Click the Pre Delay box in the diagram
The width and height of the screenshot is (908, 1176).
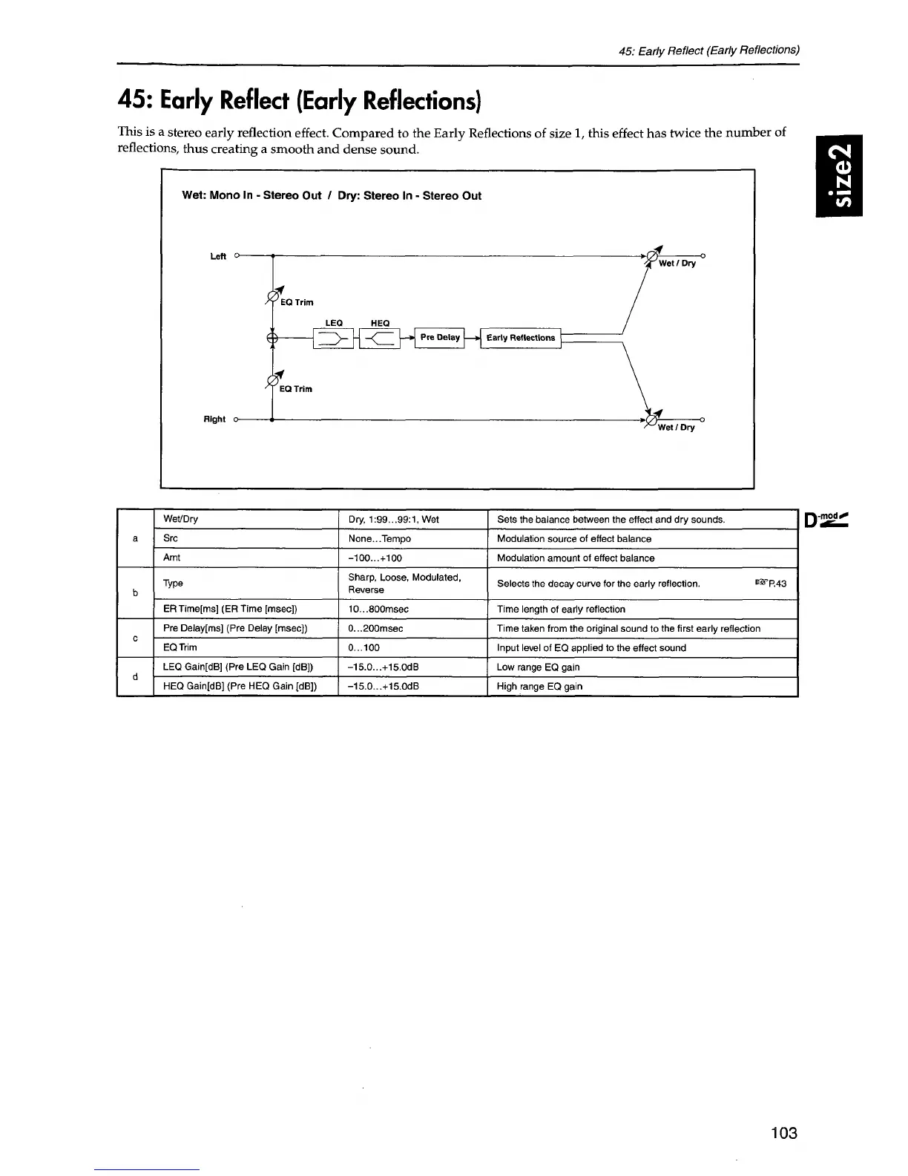tap(440, 338)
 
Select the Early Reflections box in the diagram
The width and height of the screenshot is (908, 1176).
tap(521, 338)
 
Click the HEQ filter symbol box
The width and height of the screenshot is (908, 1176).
tap(379, 339)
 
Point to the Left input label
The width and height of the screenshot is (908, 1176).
tap(218, 257)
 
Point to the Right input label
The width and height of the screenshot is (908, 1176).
tap(214, 419)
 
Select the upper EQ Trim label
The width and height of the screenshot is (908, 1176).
tap(297, 303)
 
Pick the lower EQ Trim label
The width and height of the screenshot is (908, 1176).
tap(296, 389)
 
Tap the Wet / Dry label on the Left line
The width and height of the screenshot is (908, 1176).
tap(677, 264)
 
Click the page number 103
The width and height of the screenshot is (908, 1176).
tap(783, 1133)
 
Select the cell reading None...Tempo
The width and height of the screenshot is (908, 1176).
tap(379, 539)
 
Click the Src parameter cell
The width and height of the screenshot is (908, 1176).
tap(171, 538)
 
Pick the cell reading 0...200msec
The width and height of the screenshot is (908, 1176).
tap(375, 629)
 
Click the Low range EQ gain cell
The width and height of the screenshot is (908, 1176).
tap(539, 667)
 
